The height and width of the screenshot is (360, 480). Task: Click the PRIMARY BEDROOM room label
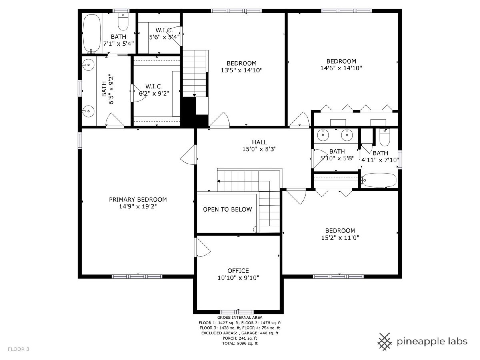[138, 199]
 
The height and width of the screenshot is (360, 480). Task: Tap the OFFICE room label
[238, 271]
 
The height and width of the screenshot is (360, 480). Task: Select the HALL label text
[259, 142]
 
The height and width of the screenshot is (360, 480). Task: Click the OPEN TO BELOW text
[228, 209]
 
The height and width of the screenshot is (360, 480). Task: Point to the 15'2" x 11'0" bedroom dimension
[340, 238]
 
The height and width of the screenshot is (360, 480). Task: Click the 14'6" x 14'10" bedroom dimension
[341, 68]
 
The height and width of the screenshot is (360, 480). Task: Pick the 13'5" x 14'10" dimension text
[242, 70]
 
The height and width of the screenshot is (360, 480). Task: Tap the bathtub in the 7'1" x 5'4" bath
[92, 34]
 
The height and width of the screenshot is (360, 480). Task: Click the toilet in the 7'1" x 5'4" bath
[123, 22]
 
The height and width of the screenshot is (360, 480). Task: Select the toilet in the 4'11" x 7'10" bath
[385, 137]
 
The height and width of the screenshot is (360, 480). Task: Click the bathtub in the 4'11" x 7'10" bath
[379, 180]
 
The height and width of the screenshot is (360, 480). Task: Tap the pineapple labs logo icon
[384, 342]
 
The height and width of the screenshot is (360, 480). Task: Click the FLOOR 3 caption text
[18, 349]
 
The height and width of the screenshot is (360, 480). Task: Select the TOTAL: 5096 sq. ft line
[240, 343]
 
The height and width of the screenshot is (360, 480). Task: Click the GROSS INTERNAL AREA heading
[240, 318]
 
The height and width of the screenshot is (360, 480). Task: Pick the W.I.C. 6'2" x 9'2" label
[154, 90]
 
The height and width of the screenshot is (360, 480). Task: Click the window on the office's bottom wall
[237, 312]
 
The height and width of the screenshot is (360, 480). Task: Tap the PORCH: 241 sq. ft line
[240, 338]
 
